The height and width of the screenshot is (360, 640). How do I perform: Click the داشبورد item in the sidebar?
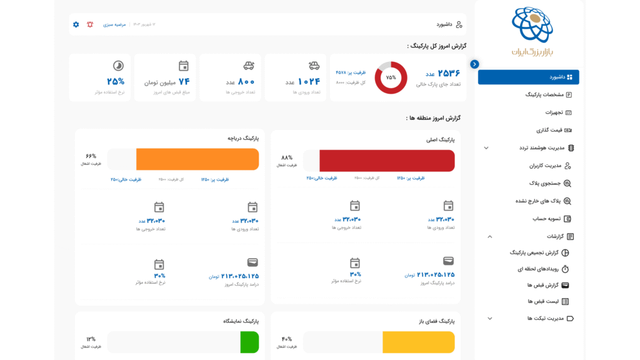click(x=529, y=77)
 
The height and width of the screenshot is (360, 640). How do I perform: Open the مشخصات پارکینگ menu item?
click(x=544, y=95)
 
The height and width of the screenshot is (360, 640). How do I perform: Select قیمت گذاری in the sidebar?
click(x=549, y=130)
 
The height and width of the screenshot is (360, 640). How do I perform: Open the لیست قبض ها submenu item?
click(x=543, y=301)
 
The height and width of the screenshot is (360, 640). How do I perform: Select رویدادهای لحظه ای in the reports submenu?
click(x=538, y=269)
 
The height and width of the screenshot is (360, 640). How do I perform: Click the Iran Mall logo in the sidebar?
click(x=532, y=31)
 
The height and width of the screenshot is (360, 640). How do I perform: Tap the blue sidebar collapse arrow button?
click(x=474, y=64)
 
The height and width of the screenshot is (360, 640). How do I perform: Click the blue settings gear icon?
click(x=76, y=24)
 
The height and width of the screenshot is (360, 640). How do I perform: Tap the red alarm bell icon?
click(x=90, y=24)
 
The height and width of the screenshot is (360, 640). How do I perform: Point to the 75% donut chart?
click(x=391, y=77)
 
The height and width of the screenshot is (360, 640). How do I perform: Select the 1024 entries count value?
click(x=309, y=82)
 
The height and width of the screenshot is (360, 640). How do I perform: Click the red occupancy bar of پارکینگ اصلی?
click(x=387, y=161)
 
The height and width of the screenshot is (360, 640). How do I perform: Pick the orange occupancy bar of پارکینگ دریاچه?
click(x=197, y=159)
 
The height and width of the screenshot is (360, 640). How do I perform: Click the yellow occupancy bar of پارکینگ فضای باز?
click(x=418, y=342)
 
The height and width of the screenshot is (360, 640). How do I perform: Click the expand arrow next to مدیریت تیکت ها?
click(x=489, y=318)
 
